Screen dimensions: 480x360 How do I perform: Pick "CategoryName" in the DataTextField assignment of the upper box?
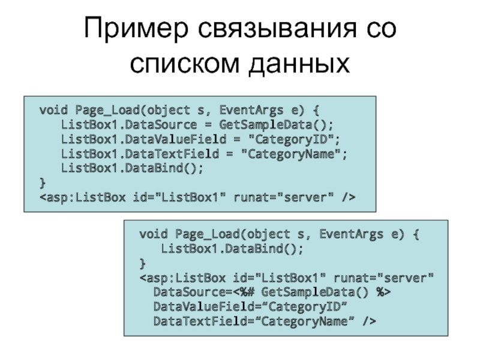[294, 154]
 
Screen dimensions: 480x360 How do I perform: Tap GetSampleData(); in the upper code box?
[275, 125]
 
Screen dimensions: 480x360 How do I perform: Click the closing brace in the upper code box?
[42, 182]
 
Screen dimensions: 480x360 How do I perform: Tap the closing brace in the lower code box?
[142, 263]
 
